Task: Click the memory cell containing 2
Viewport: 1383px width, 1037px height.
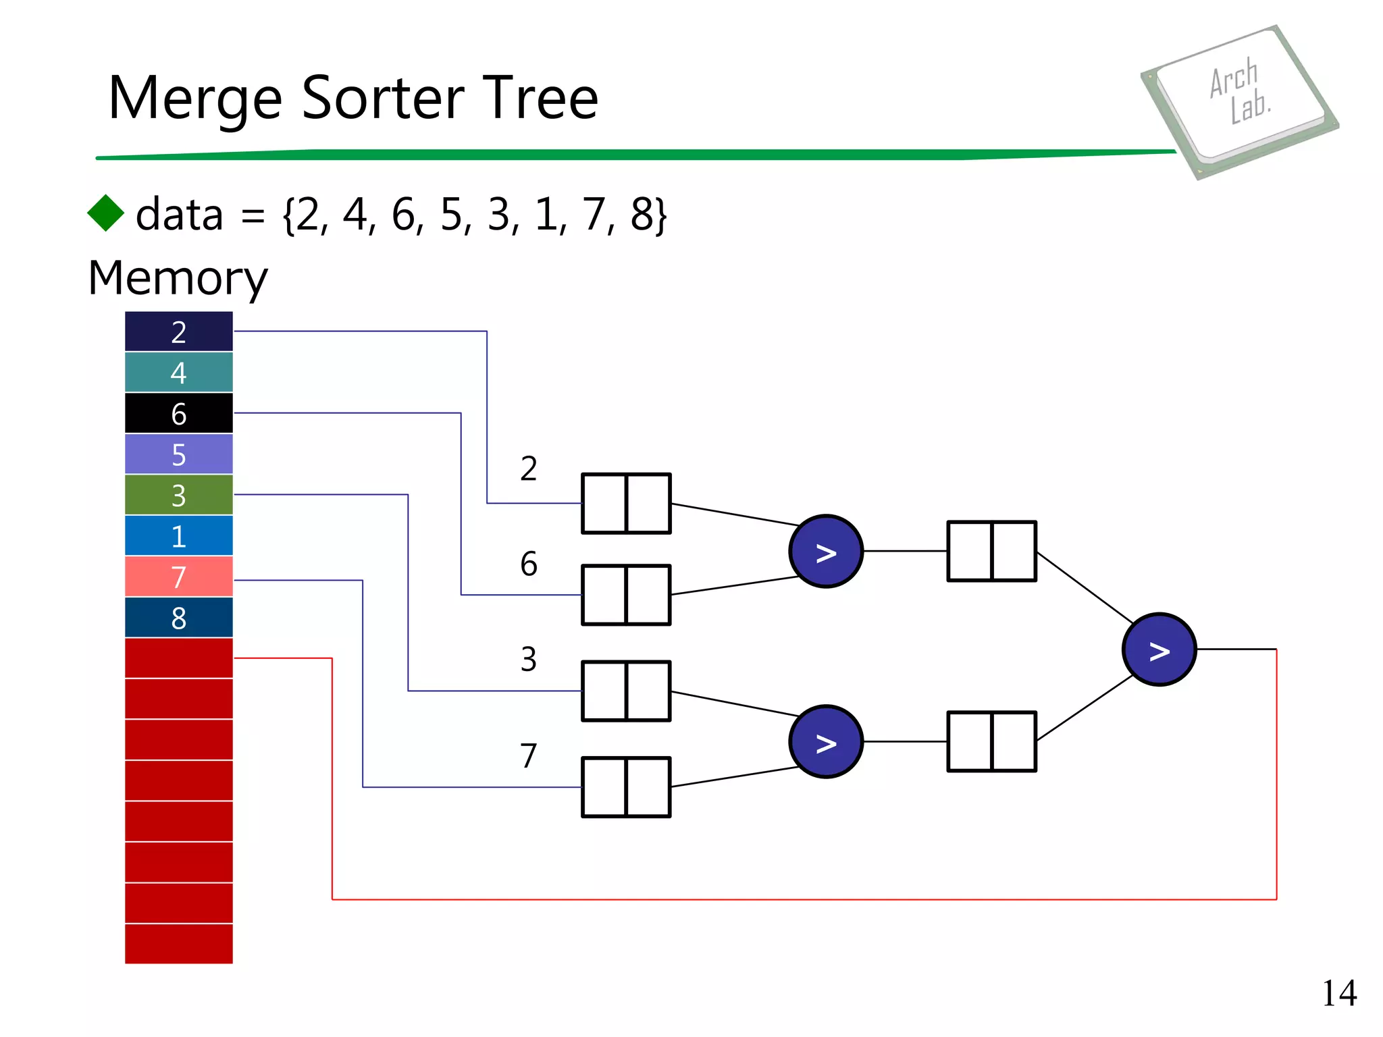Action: [178, 331]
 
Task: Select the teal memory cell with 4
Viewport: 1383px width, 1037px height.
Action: [178, 373]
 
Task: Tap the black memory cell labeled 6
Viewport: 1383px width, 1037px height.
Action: [178, 413]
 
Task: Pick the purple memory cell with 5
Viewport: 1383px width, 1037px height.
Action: [178, 454]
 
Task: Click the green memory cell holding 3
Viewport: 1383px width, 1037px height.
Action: [178, 495]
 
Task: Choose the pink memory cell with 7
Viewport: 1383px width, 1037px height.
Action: [178, 577]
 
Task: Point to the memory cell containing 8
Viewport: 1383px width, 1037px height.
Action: [178, 618]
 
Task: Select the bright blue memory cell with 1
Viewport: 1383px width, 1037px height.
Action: [178, 536]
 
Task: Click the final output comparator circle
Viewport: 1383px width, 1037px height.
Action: [1159, 649]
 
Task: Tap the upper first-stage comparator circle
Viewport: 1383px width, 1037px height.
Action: [825, 552]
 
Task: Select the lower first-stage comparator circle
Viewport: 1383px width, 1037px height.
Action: [825, 742]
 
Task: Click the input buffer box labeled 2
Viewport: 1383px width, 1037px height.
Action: [626, 504]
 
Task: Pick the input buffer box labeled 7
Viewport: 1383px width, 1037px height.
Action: [626, 787]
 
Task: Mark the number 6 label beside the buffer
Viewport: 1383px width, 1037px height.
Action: [529, 564]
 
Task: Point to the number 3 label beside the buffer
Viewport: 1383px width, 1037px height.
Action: [529, 660]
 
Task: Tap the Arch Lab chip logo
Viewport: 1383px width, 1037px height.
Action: [1240, 101]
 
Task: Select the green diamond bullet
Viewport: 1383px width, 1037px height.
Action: [106, 213]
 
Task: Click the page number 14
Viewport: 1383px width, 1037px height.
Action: [1338, 994]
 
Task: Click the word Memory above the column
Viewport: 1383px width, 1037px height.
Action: [178, 278]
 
